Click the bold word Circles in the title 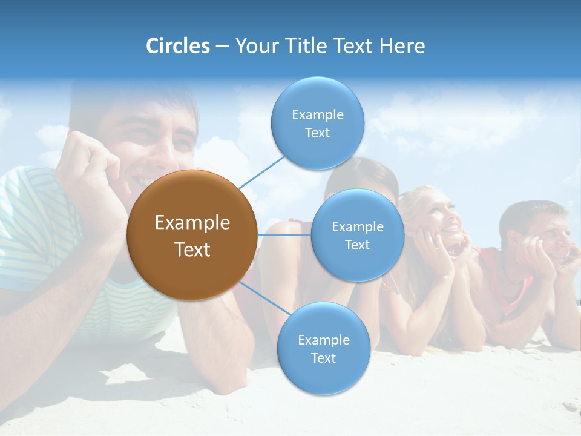coord(177,46)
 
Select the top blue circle coord(317,123)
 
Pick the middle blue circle coord(357,235)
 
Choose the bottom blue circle coord(323,348)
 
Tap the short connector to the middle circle coord(284,235)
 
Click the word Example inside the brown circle coord(192,223)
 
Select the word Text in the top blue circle coord(317,133)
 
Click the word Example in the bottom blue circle coord(323,340)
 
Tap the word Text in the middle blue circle coord(357,245)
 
